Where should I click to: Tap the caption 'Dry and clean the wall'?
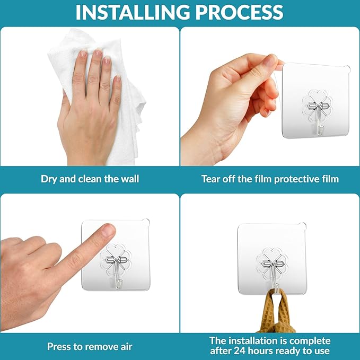90,179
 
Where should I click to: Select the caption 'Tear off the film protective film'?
270,179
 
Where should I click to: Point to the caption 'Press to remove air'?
90,347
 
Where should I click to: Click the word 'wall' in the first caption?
129,179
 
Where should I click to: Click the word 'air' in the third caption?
126,347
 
